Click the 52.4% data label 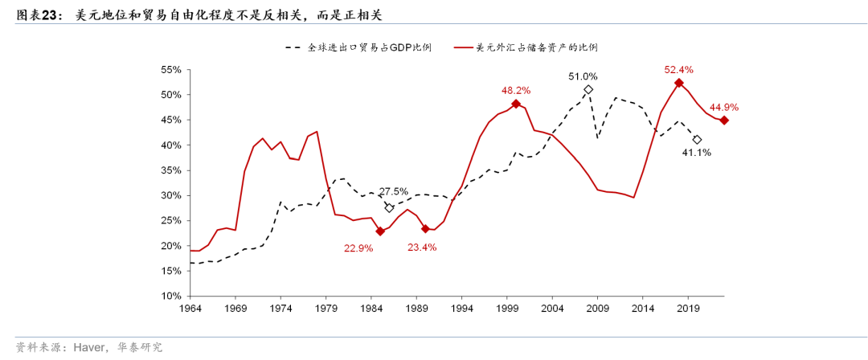679,70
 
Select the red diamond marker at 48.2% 516,104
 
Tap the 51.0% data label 583,76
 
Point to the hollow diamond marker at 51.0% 588,90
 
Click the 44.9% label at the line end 723,107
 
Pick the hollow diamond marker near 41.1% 697,139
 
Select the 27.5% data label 393,191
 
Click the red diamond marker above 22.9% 379,231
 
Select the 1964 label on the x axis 190,308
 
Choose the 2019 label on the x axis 688,308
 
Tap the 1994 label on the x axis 461,308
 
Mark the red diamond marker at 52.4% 679,83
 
